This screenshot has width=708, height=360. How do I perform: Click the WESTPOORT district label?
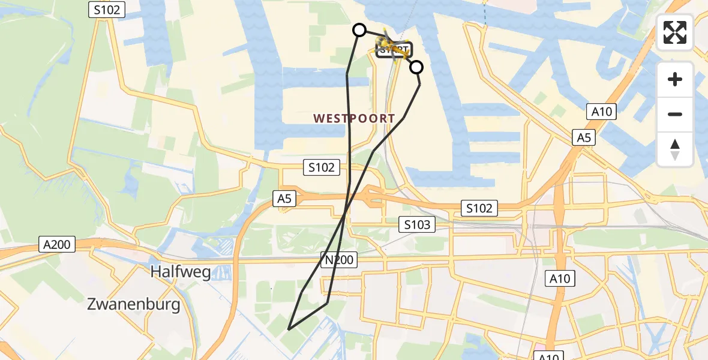point(354,119)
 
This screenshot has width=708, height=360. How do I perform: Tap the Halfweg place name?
point(181,272)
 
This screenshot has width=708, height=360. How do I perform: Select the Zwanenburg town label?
point(133,304)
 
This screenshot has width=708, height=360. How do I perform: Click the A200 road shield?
point(57,244)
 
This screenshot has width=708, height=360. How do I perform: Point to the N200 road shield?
point(339,260)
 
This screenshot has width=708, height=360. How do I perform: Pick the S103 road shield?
point(417,225)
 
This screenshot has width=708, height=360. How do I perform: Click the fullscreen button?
point(675,32)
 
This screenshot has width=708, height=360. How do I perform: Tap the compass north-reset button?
point(675,149)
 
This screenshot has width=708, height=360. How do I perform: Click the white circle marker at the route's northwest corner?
point(359,30)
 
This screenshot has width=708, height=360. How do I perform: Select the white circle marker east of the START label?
point(416,67)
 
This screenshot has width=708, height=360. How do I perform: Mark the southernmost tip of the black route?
point(289,329)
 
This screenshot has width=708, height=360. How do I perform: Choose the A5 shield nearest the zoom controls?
point(584,138)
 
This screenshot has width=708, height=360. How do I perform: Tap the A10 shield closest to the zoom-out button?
point(601,111)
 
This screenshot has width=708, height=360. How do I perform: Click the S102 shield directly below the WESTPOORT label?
point(321,167)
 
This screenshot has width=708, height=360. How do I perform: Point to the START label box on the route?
point(394,50)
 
